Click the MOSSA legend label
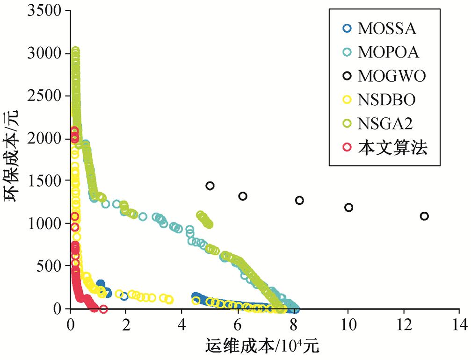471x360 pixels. pyautogui.click(x=387, y=29)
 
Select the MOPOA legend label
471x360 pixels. pyautogui.click(x=388, y=52)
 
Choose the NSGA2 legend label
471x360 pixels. pyautogui.click(x=386, y=124)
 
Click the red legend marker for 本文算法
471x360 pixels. pyautogui.click(x=347, y=148)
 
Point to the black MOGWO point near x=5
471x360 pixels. pyautogui.click(x=210, y=186)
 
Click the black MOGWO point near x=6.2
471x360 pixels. pyautogui.click(x=243, y=196)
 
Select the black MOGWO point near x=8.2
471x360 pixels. pyautogui.click(x=299, y=200)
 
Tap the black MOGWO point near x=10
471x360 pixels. pyautogui.click(x=348, y=207)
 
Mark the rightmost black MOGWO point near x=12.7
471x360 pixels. pyautogui.click(x=424, y=216)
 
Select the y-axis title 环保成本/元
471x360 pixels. pyautogui.click(x=14, y=159)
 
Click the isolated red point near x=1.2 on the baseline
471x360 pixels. pyautogui.click(x=103, y=309)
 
